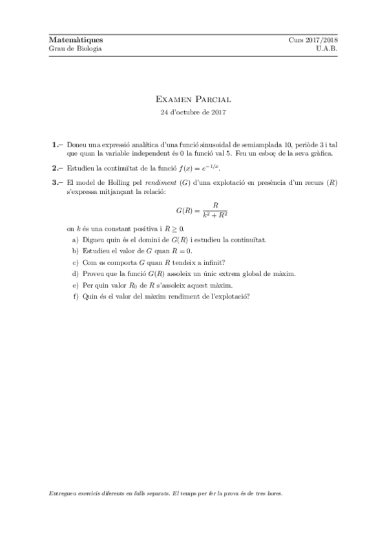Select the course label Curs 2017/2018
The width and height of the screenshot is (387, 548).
[x=313, y=39]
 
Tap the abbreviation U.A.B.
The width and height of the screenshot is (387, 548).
[x=328, y=48]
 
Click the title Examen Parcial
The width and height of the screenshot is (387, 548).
[x=193, y=100]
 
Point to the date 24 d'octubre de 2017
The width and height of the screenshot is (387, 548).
[x=193, y=112]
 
